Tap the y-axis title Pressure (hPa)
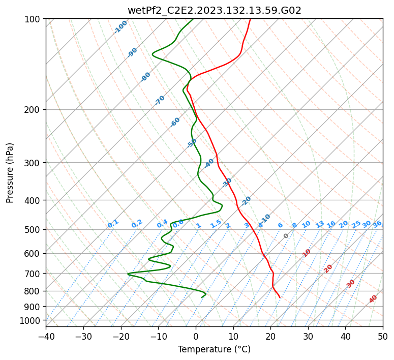pyautogui.click(x=10, y=173)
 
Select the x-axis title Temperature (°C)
pyautogui.click(x=214, y=349)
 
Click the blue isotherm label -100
pyautogui.click(x=120, y=27)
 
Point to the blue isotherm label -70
pyautogui.click(x=160, y=100)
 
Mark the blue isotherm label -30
pyautogui.click(x=227, y=183)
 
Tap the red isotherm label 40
pyautogui.click(x=373, y=299)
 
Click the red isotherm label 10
pyautogui.click(x=307, y=253)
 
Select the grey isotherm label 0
pyautogui.click(x=286, y=236)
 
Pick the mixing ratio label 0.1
pyautogui.click(x=113, y=224)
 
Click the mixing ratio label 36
pyautogui.click(x=377, y=224)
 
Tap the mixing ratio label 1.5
pyautogui.click(x=216, y=224)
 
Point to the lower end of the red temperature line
pyautogui.click(x=280, y=297)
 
